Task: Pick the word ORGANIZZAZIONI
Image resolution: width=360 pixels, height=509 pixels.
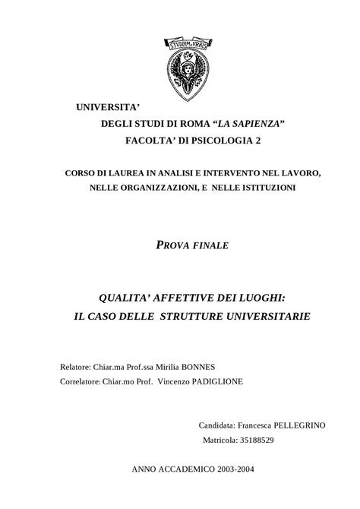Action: click(152, 187)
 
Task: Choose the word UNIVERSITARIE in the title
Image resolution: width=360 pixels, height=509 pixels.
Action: click(254, 314)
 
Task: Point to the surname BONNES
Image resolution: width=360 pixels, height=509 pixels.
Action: click(204, 366)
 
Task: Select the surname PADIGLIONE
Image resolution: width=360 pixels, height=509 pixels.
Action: click(210, 381)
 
